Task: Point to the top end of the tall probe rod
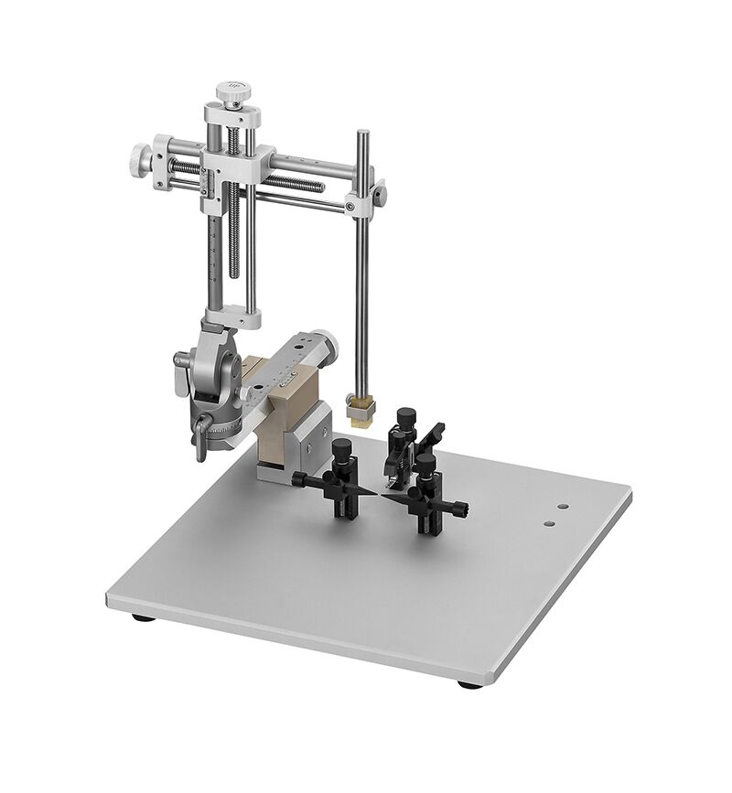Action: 362,134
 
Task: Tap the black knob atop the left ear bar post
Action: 342,448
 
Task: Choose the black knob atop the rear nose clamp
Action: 404,419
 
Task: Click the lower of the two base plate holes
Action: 549,524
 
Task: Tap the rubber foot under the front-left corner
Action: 142,619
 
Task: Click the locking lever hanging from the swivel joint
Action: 196,439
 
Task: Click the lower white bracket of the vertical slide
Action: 232,316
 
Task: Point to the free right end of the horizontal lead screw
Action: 321,187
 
